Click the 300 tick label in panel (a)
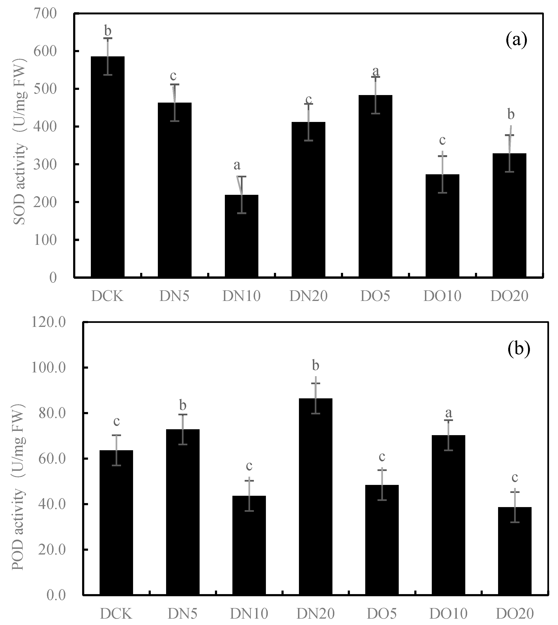[x=45, y=165]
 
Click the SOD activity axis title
[x=20, y=141]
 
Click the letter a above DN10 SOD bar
[x=237, y=166]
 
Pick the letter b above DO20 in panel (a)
[x=511, y=115]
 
